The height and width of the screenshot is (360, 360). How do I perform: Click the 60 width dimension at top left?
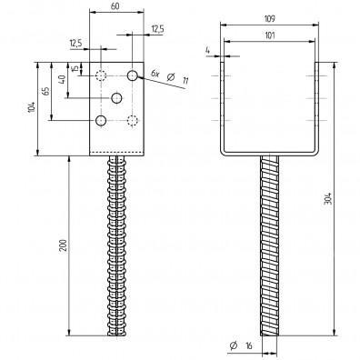point(115,6)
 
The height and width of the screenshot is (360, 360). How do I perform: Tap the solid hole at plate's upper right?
point(133,75)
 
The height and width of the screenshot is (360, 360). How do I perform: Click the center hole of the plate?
point(116,97)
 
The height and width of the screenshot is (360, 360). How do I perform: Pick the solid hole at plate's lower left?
point(101,120)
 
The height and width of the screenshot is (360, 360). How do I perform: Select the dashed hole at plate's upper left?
point(101,75)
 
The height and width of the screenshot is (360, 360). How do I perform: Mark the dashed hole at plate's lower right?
point(133,120)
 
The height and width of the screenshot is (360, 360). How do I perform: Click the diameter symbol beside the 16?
point(234,346)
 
